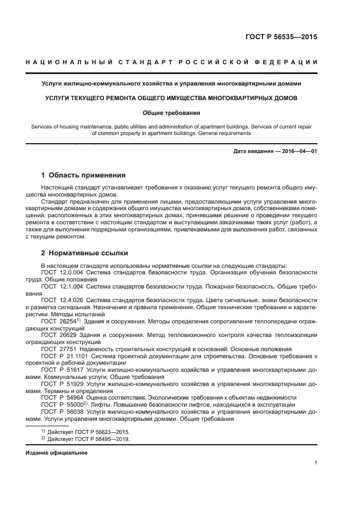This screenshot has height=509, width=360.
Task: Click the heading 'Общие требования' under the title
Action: click(x=172, y=113)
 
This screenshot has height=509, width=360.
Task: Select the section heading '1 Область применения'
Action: click(x=84, y=175)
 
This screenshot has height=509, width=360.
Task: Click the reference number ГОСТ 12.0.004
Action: click(x=62, y=271)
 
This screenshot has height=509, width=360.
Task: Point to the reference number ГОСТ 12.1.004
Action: click(x=62, y=285)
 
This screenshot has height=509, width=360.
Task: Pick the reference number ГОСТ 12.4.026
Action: click(x=62, y=300)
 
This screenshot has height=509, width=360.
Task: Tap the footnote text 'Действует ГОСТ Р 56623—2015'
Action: click(x=88, y=431)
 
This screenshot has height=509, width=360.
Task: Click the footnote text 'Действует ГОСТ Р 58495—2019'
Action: click(x=88, y=439)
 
